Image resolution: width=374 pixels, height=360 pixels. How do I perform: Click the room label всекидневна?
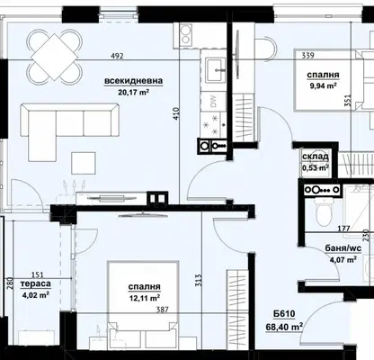click(134, 81)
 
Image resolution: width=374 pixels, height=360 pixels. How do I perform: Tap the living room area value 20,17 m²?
click(134, 92)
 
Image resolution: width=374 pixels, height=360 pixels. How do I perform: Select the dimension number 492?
click(117, 56)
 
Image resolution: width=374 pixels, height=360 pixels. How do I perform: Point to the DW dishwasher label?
click(213, 102)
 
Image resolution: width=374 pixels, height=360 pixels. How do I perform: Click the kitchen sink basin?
click(215, 70)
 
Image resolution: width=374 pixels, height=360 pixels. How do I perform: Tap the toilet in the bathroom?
click(324, 211)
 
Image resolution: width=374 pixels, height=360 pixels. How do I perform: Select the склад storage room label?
click(316, 157)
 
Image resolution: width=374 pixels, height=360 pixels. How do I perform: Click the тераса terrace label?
click(36, 283)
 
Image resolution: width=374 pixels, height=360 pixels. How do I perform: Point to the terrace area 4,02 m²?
click(36, 295)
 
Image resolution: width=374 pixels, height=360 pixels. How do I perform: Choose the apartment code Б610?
click(284, 314)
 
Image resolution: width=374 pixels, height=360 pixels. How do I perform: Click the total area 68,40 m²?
click(284, 327)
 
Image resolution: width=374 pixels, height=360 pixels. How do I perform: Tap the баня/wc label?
click(343, 248)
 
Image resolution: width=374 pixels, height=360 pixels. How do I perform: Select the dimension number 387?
click(163, 310)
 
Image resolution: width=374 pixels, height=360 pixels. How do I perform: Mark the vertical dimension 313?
click(199, 280)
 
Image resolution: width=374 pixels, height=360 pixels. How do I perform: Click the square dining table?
click(54, 57)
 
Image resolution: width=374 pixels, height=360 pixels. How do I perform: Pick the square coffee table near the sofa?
click(84, 163)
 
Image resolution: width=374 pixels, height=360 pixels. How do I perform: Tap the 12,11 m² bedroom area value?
click(144, 298)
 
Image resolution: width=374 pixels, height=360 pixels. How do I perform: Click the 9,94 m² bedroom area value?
click(323, 86)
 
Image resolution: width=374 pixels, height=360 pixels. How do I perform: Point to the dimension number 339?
click(307, 56)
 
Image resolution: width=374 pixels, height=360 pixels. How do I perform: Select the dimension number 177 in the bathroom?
click(343, 229)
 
